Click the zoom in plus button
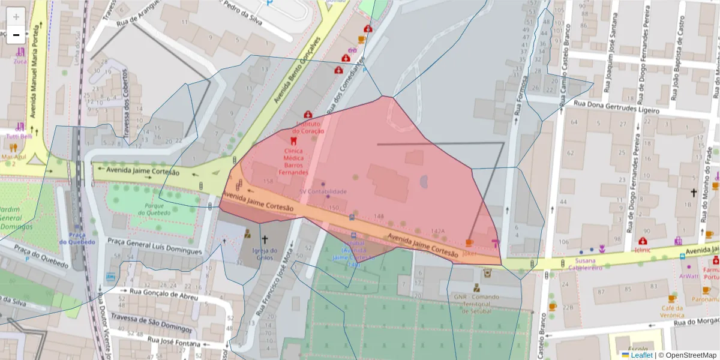click(16, 16)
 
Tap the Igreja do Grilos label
click(265, 254)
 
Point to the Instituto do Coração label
click(308, 128)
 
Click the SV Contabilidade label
click(323, 191)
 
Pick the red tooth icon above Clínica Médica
click(293, 140)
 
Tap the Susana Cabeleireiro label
click(586, 265)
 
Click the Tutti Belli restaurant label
click(19, 136)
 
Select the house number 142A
click(438, 231)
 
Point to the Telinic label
click(644, 249)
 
